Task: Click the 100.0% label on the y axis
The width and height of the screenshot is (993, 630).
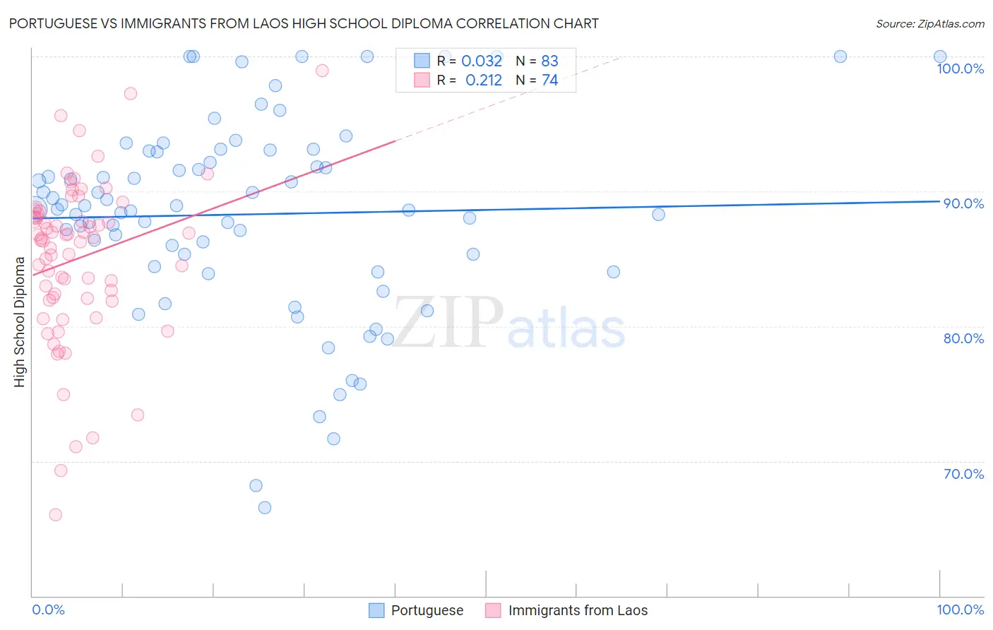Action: pos(960,69)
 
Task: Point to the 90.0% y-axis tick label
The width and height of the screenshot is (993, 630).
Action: pos(963,203)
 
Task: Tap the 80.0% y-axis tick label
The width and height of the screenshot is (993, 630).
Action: pos(963,338)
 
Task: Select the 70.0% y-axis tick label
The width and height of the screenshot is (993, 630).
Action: pos(963,474)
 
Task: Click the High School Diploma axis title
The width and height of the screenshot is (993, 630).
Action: pos(20,321)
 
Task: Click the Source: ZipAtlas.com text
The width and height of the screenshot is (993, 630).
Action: pos(929,24)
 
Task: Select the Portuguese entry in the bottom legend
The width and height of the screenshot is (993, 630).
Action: pos(427,610)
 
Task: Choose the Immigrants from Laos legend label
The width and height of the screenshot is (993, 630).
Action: pos(577,610)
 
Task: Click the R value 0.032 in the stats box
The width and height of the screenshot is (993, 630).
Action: pos(482,61)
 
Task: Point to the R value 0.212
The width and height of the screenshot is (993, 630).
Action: pos(484,81)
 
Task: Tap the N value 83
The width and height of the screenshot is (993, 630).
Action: pos(549,61)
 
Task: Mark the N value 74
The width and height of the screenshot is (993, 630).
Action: pos(549,81)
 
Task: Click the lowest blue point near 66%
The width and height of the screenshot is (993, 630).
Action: pos(265,508)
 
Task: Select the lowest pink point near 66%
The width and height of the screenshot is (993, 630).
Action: pos(56,515)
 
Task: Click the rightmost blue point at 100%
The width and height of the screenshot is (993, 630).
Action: pos(940,57)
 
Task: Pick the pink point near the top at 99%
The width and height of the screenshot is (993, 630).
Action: pos(322,70)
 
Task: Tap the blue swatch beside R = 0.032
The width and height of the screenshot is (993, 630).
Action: pos(422,61)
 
